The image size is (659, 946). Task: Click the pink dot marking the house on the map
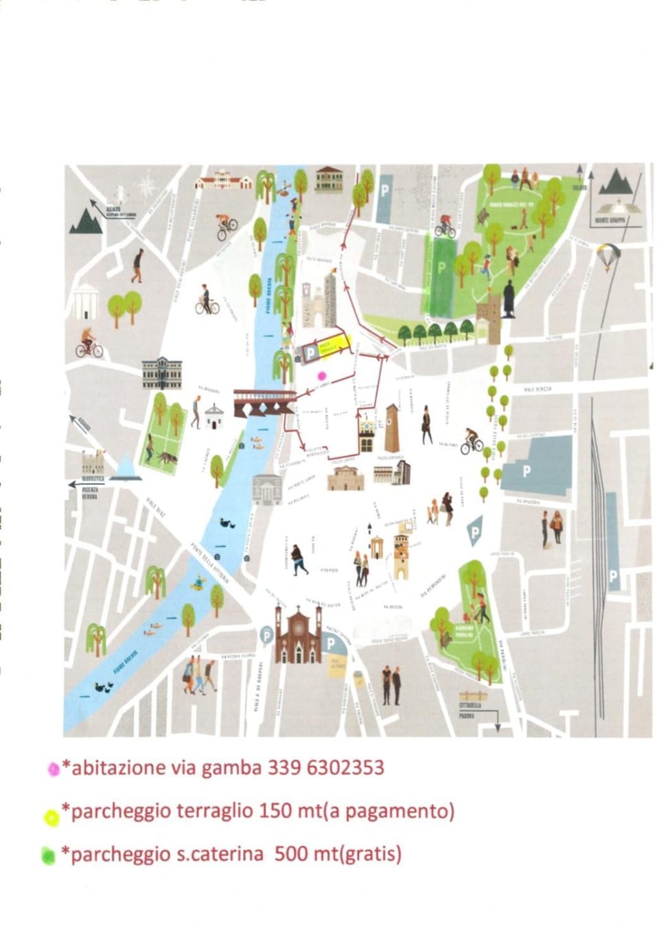pos(321,375)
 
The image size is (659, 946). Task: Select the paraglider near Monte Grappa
pos(608,256)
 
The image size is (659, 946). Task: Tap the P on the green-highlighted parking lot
pos(441,267)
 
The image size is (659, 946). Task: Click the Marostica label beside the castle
pos(93,478)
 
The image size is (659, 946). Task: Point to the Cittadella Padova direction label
pos(470,709)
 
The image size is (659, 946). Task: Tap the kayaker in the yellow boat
pos(199,583)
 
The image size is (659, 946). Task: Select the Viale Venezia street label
pos(537,389)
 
